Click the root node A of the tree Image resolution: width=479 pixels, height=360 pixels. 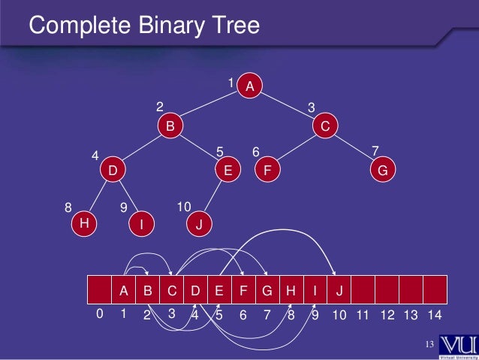pyautogui.click(x=250, y=86)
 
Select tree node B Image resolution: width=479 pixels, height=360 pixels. pyautogui.click(x=170, y=127)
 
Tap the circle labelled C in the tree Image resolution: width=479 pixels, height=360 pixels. pyautogui.click(x=324, y=127)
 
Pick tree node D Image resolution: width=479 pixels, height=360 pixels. pyautogui.click(x=113, y=171)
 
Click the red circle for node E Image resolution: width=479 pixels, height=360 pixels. pyautogui.click(x=227, y=171)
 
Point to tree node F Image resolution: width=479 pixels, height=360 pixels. pyautogui.click(x=267, y=171)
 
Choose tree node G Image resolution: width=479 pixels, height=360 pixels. pyautogui.click(x=382, y=171)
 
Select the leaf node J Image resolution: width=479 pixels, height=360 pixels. pyautogui.click(x=199, y=224)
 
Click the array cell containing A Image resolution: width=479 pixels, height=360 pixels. pyautogui.click(x=124, y=289)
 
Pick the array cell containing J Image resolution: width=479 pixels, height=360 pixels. pyautogui.click(x=339, y=289)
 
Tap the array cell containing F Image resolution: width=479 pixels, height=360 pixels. pyautogui.click(x=243, y=289)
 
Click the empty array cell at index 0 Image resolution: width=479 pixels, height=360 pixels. pyautogui.click(x=100, y=289)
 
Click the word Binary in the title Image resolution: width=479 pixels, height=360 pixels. pyautogui.click(x=169, y=26)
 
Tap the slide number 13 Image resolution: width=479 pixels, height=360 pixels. pyautogui.click(x=429, y=345)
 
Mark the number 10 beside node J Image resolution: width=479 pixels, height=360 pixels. pyautogui.click(x=184, y=206)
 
